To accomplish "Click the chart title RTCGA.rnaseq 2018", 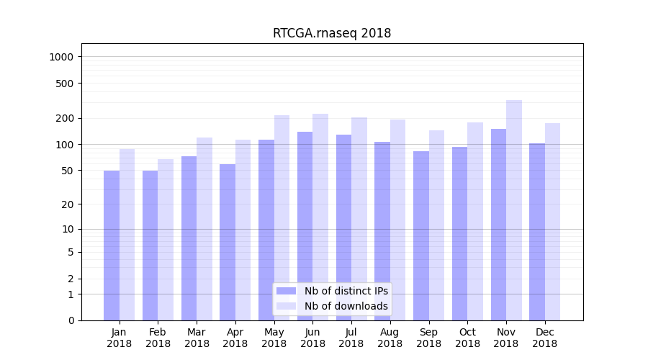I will click(x=332, y=33).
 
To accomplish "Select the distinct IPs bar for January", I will click(x=112, y=245).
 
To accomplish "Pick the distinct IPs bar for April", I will click(x=228, y=242).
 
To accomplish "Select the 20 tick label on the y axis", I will click(x=68, y=204).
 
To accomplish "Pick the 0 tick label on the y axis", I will click(x=71, y=320).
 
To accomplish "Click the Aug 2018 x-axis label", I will click(x=390, y=338).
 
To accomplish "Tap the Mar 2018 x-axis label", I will click(x=197, y=338).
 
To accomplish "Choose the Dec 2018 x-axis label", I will click(x=544, y=338).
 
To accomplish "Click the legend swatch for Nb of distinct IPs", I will click(x=287, y=291).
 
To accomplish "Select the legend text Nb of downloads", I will click(x=346, y=306).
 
